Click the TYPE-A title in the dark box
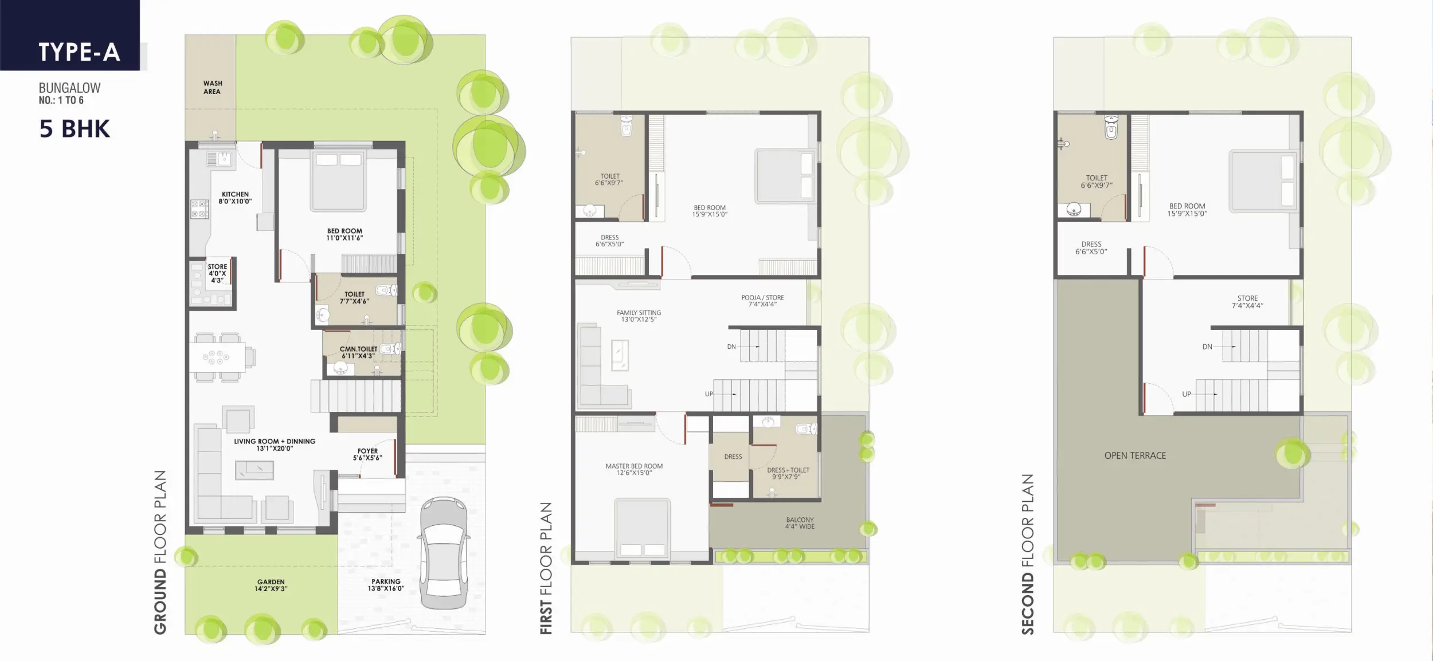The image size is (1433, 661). click(79, 52)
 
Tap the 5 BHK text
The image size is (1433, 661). click(75, 129)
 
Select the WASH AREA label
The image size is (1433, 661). click(212, 87)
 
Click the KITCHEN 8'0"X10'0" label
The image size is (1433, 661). click(235, 198)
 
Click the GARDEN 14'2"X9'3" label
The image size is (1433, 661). click(271, 585)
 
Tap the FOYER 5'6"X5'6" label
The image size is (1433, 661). click(367, 454)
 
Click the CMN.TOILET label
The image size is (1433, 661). click(358, 349)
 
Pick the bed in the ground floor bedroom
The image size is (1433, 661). click(338, 180)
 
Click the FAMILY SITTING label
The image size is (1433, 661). click(639, 313)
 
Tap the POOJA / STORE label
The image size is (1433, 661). click(762, 297)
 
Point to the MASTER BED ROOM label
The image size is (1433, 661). click(634, 466)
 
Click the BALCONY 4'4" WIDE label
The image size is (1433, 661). click(800, 523)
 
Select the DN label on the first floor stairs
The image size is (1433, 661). click(731, 347)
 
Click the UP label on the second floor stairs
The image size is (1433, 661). click(1187, 394)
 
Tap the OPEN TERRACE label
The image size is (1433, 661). click(1135, 455)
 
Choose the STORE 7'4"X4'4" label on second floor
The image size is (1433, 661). click(1247, 302)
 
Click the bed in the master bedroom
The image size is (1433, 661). click(642, 529)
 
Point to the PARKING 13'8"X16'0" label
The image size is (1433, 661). click(386, 585)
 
